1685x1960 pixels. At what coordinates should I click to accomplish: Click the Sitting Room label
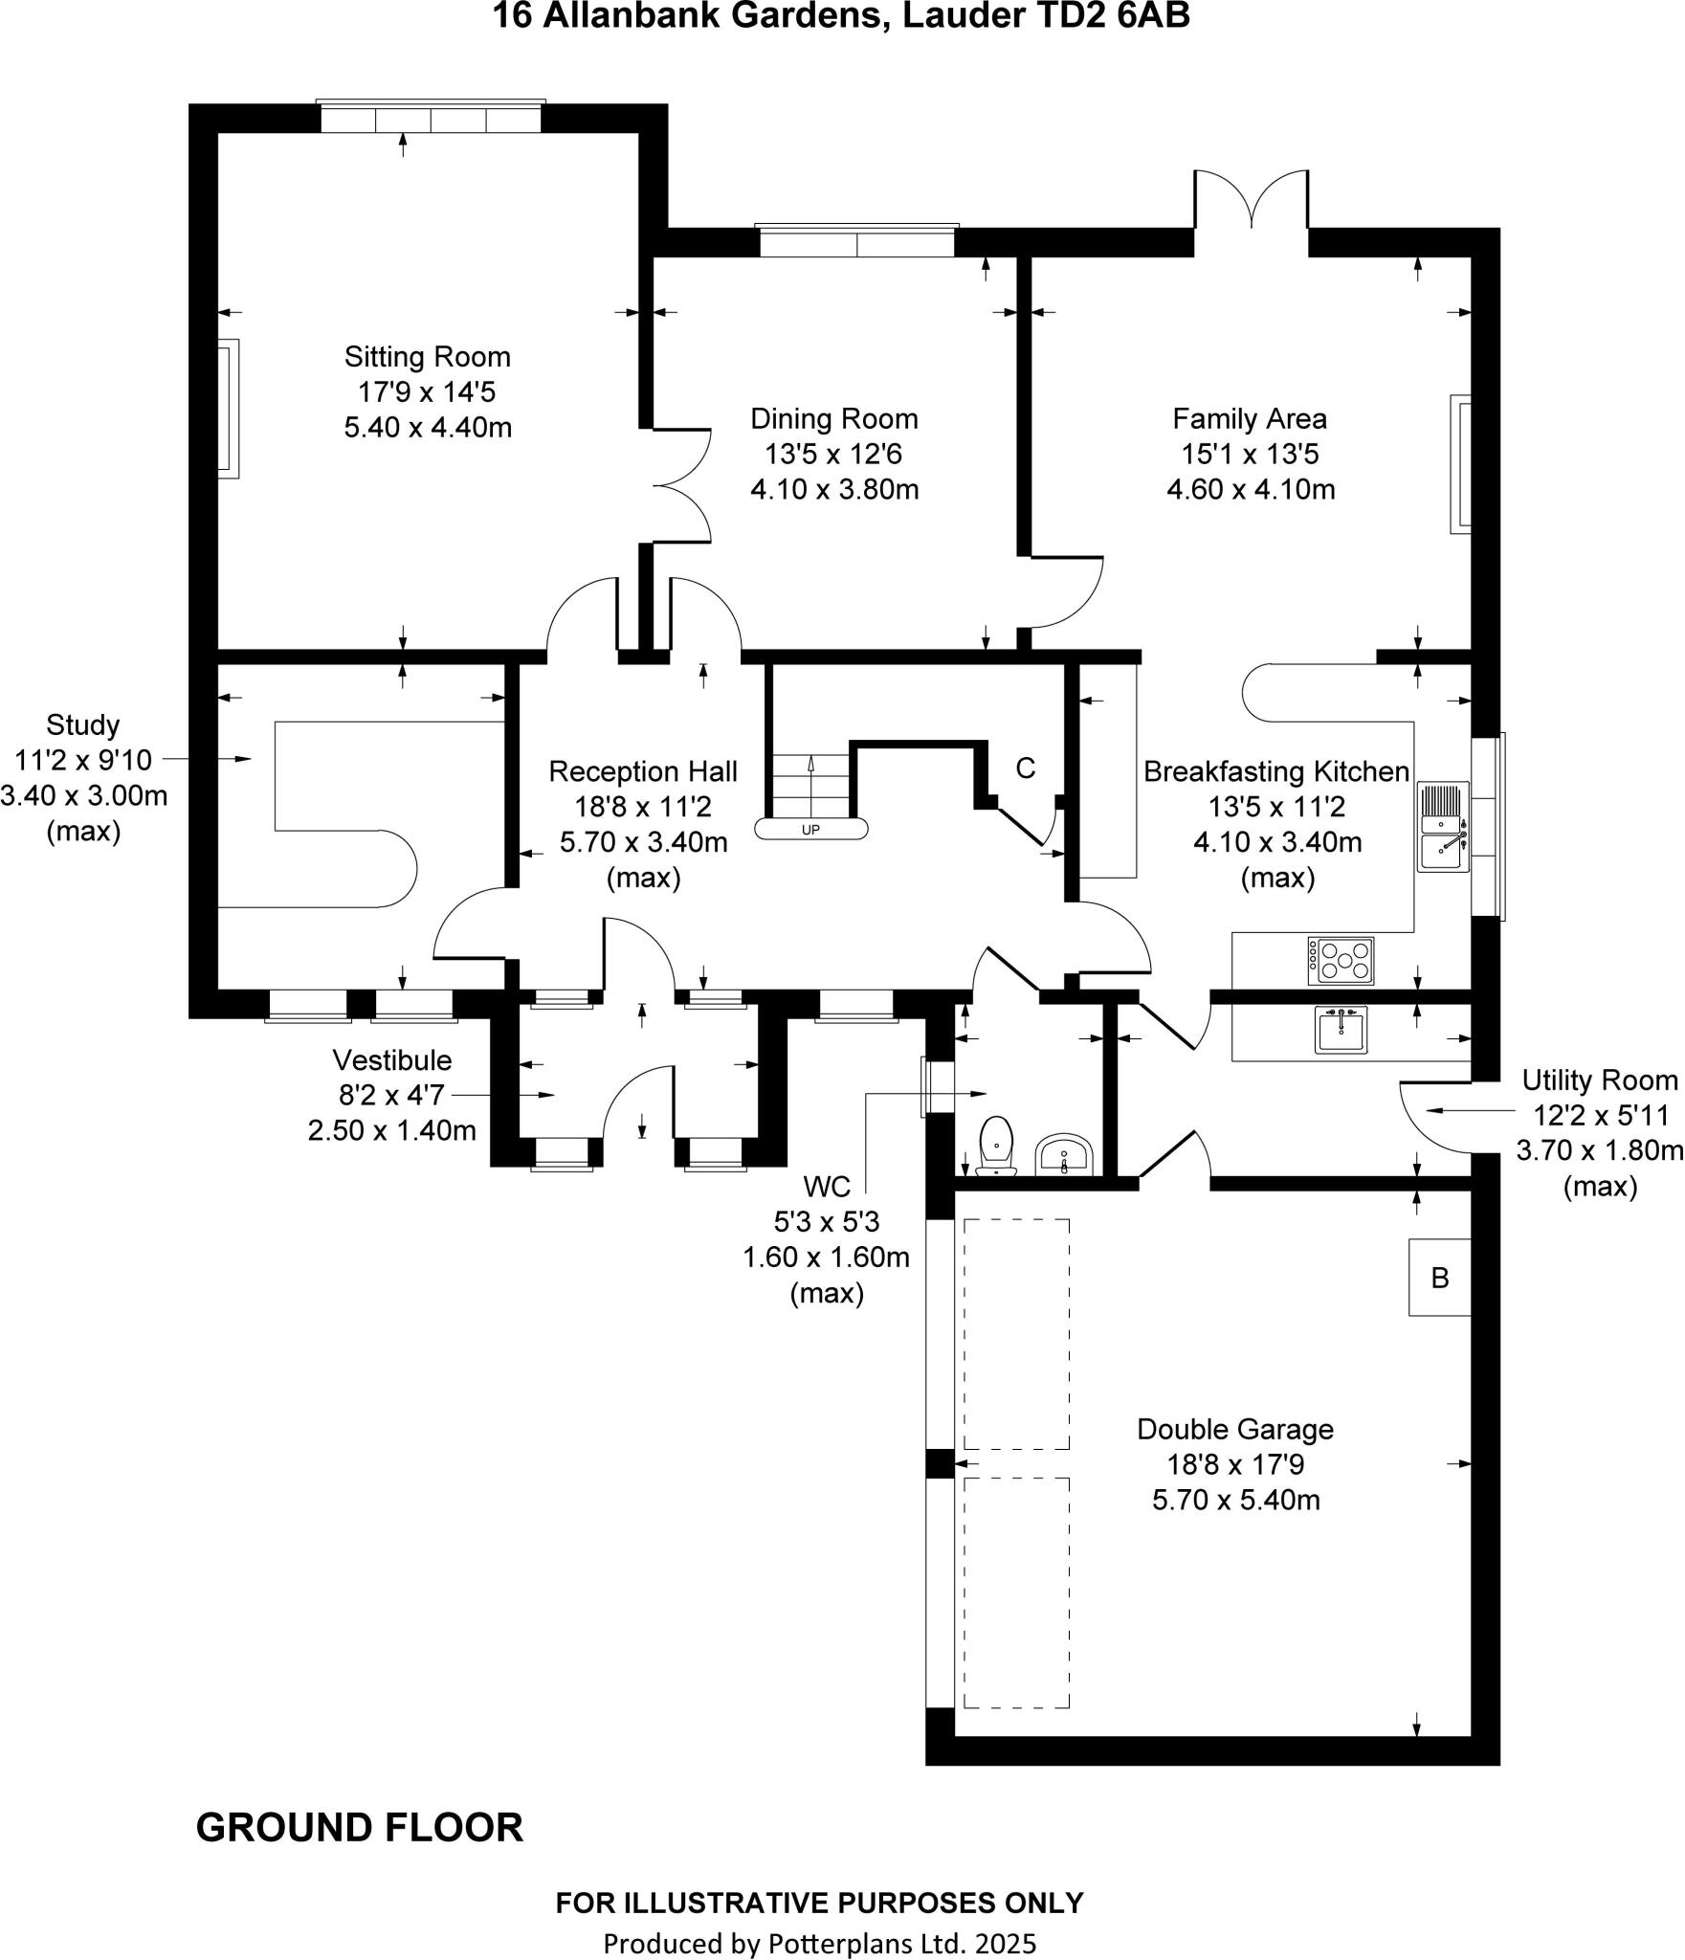pos(427,357)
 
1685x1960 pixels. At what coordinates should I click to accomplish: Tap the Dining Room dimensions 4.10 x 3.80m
pos(833,490)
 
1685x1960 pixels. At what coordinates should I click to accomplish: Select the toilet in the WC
pos(997,1144)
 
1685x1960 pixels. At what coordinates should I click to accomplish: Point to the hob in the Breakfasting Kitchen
pos(1341,961)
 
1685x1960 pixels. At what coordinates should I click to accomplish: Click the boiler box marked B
pos(1439,1278)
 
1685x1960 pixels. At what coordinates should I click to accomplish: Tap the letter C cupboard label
pos(1025,768)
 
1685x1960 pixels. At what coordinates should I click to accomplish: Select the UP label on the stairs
pos(810,829)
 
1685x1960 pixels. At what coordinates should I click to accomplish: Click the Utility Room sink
pos(1341,1030)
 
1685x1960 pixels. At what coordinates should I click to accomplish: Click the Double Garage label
pos(1234,1430)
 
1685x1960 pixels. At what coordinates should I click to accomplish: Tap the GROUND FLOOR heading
pos(359,1828)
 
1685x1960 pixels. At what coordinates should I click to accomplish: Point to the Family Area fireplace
pos(1460,463)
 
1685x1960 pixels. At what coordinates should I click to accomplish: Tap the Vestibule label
pos(391,1060)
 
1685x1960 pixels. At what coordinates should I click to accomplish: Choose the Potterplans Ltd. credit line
pos(819,1943)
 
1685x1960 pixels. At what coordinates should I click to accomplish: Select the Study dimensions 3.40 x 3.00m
pos(84,796)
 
